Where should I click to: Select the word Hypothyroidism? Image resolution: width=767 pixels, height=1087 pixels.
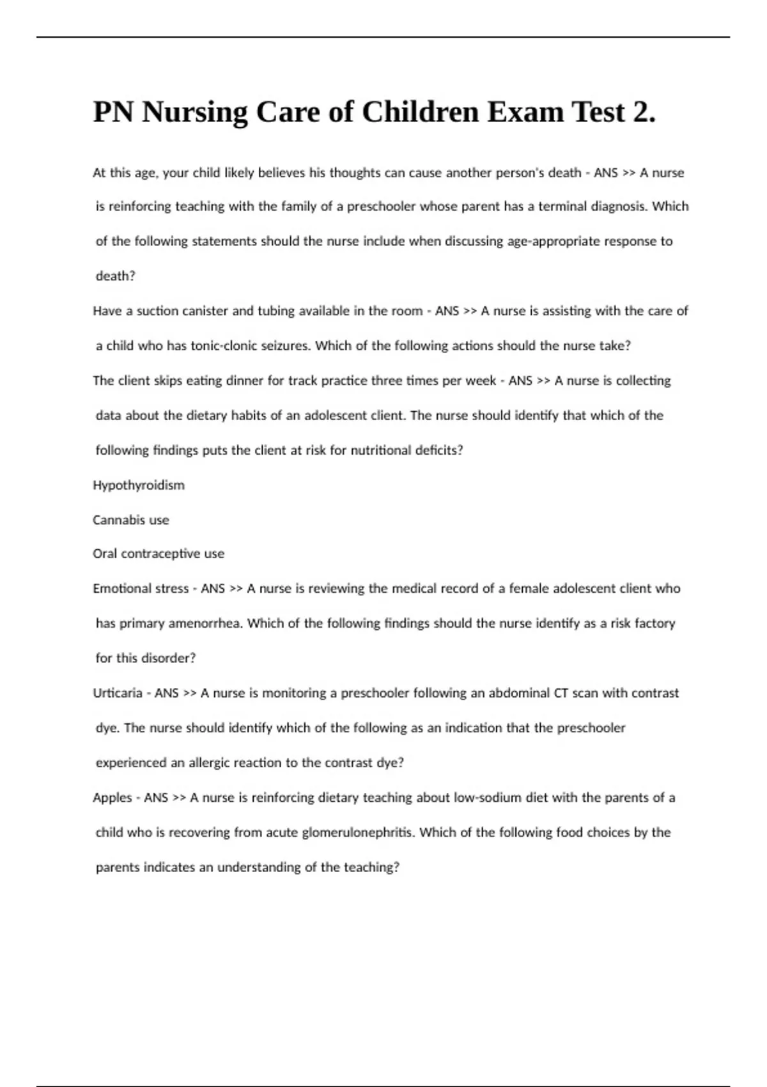click(139, 485)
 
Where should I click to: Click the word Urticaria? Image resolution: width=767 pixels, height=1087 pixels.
click(118, 693)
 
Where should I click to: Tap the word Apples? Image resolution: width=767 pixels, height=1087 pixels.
click(112, 798)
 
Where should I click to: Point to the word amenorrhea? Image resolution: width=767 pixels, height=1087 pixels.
click(205, 623)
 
